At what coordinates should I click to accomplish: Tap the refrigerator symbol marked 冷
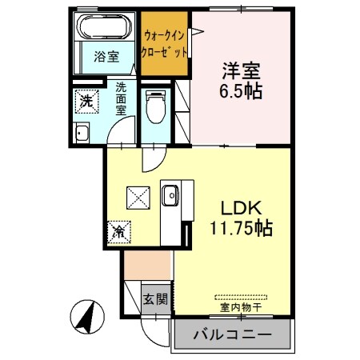[118, 232]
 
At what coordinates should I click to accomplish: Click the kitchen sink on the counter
[171, 194]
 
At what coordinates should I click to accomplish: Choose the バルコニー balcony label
[232, 335]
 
